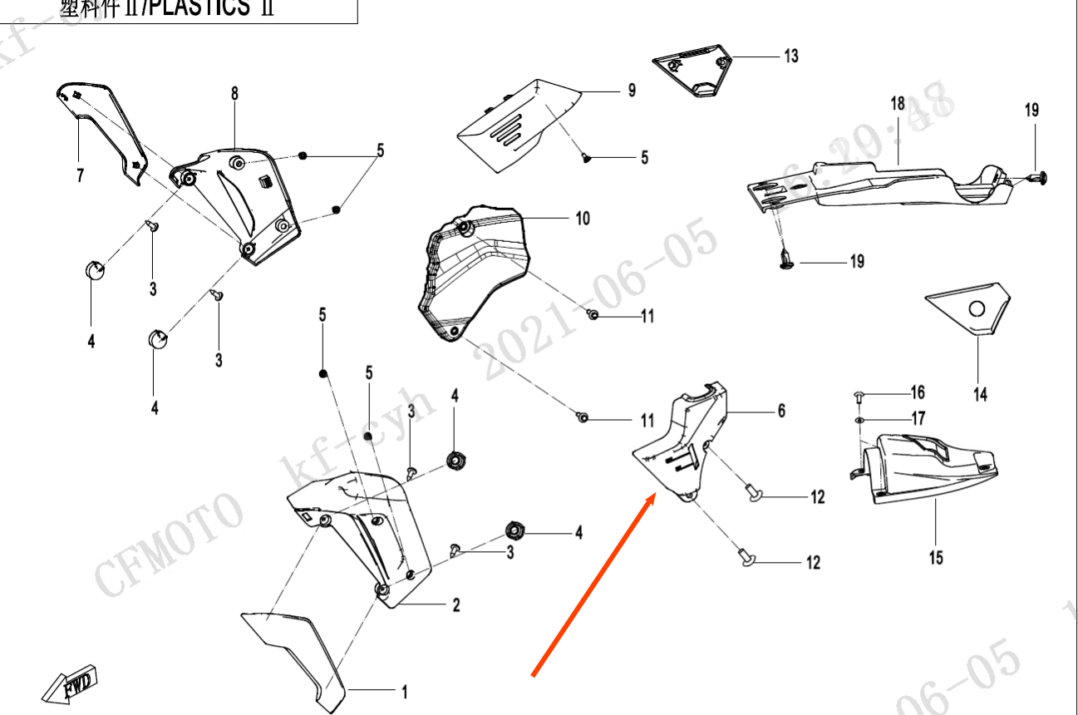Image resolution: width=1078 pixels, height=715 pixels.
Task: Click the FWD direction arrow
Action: pos(71,683)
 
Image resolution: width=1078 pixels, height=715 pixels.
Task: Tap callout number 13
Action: pos(790,56)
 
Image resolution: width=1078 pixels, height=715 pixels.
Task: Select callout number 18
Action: pos(898,104)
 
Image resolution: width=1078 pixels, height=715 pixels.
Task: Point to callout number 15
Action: pos(937,557)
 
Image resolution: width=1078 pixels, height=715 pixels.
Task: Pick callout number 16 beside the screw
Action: pos(917,392)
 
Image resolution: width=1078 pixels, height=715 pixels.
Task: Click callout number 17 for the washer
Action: pos(918,418)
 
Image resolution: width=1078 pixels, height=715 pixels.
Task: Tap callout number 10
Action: pos(583,219)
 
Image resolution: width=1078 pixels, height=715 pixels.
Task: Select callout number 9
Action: pos(632,91)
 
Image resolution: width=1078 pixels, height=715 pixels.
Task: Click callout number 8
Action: pos(234,94)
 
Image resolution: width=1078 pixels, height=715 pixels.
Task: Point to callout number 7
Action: pos(81,175)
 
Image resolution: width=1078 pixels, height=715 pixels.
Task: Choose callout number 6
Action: pos(781,411)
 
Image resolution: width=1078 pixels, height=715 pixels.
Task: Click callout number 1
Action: pos(405,691)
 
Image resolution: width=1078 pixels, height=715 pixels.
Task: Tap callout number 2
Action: pos(456,606)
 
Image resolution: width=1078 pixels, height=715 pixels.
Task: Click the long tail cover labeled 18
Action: pos(881,187)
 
